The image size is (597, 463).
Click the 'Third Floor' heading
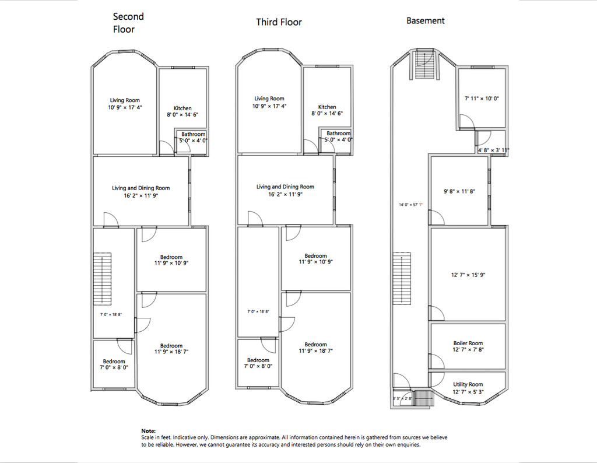(280, 22)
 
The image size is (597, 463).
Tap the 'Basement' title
(425, 20)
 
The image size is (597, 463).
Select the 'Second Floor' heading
(128, 23)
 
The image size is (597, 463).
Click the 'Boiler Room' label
(468, 343)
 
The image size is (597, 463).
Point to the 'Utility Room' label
(468, 384)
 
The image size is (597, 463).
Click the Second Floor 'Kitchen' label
(182, 108)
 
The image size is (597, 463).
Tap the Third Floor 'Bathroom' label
(338, 134)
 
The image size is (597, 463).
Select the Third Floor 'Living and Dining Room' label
(285, 187)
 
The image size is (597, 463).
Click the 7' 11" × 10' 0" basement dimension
(482, 99)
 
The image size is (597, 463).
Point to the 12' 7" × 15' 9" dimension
(468, 275)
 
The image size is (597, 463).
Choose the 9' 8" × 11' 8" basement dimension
(459, 191)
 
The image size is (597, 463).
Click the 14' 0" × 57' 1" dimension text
(410, 205)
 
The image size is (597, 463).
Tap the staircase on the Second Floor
(103, 278)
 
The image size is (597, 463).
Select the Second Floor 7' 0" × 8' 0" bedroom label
(114, 364)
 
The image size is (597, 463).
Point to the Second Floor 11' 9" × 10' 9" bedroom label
(171, 260)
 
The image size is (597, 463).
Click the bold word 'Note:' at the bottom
(149, 431)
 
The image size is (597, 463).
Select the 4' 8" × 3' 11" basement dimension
(493, 150)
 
